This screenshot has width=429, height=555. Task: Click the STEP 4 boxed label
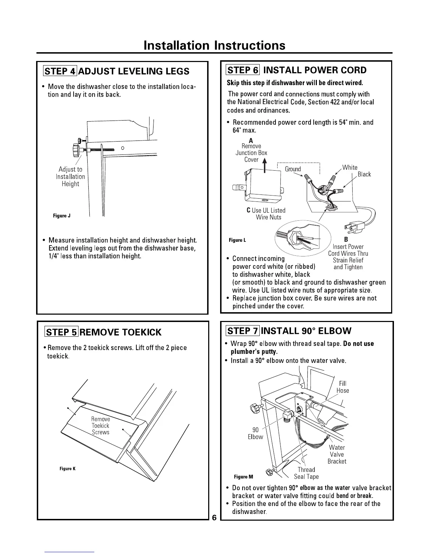point(60,71)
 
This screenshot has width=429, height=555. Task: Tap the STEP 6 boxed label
point(243,70)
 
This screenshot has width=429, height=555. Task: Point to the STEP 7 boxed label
point(243,331)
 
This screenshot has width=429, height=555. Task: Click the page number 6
point(214,518)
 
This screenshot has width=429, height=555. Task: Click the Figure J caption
point(62,215)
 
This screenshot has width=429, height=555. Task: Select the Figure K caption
point(67,469)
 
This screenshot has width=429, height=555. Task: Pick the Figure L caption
point(237,240)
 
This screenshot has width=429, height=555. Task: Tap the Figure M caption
point(243,477)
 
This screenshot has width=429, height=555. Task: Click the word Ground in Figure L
point(293,169)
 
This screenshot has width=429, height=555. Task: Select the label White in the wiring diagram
point(350,167)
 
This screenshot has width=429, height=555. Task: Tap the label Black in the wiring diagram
point(364,174)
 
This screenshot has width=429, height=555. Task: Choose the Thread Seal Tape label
point(306,473)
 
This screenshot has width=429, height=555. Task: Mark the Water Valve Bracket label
point(337,454)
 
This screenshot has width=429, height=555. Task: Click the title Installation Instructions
point(214,46)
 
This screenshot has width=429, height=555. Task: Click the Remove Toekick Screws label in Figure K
point(101,426)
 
